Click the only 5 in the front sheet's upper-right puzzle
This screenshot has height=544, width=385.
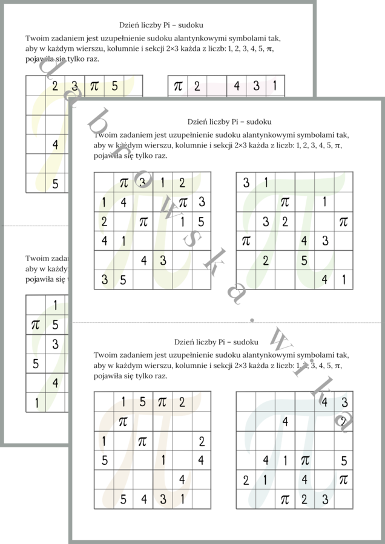(304, 261)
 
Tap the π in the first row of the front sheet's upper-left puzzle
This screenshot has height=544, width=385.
(123, 182)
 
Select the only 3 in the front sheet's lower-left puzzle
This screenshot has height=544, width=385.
(162, 499)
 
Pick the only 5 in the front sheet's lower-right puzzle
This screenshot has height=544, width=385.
(344, 461)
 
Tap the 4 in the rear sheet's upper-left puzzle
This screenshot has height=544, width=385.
(55, 145)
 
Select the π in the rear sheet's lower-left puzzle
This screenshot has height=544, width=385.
(36, 325)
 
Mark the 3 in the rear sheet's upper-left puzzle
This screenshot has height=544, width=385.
(74, 86)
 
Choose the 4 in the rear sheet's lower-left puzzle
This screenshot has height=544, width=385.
(55, 383)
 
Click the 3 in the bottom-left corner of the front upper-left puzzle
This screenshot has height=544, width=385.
(104, 279)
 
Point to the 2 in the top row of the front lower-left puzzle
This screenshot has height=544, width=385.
(182, 401)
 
